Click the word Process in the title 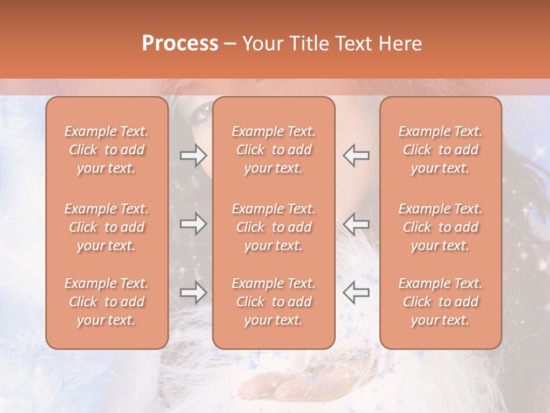click(180, 44)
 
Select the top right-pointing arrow click(194, 155)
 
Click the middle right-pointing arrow click(194, 224)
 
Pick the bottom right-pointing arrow click(194, 293)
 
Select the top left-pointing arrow click(356, 155)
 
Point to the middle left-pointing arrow click(356, 224)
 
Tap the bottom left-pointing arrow click(356, 293)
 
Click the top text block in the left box click(107, 150)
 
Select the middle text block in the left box click(107, 227)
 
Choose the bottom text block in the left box click(107, 302)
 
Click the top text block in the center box click(274, 150)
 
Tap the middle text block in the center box click(274, 227)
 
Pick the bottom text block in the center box click(274, 302)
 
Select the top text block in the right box click(441, 150)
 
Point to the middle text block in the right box click(441, 227)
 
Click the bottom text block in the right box click(441, 302)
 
